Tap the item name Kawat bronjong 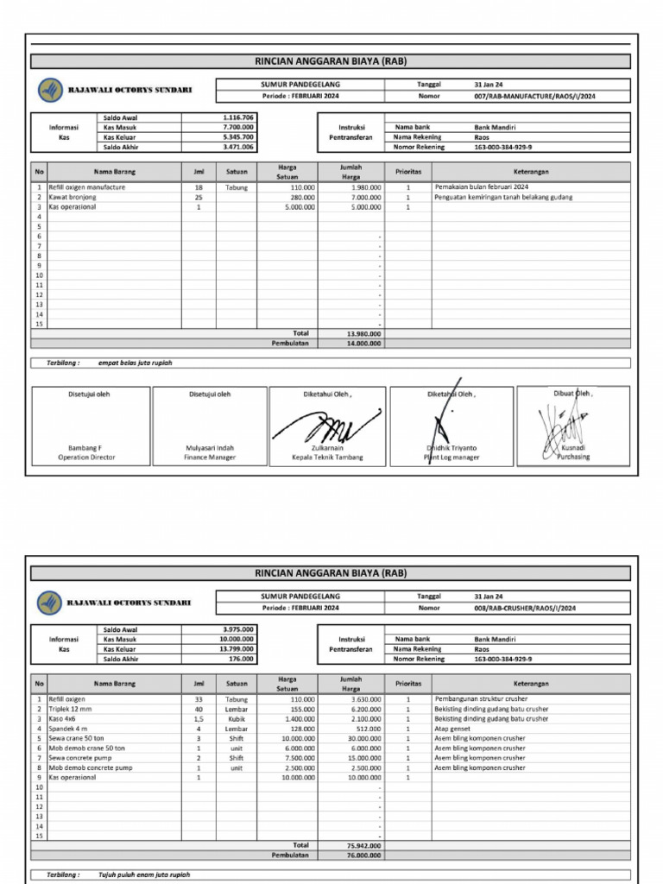click(73, 197)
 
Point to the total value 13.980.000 click(363, 333)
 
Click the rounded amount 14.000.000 click(363, 343)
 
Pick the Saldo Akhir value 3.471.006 click(237, 148)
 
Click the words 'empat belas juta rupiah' click(135, 363)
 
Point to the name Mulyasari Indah click(210, 448)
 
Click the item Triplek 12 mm click(70, 709)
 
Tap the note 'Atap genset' click(451, 729)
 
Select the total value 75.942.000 click(363, 846)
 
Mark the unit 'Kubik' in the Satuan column click(237, 718)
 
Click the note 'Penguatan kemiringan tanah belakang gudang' click(503, 197)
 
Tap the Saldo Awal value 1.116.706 click(237, 117)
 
